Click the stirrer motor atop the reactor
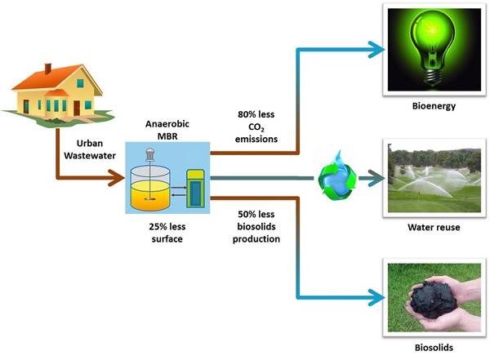(152, 153)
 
